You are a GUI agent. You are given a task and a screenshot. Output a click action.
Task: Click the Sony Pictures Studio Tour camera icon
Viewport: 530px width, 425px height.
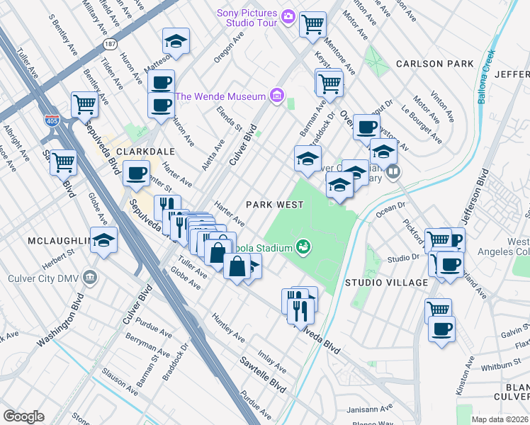(x=288, y=16)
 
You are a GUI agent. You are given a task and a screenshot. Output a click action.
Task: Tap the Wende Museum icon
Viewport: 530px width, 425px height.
(x=276, y=96)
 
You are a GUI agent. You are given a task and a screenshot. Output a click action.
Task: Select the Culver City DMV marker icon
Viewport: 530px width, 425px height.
(x=90, y=276)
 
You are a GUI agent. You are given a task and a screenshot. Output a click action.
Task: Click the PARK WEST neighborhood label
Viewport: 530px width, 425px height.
(x=274, y=205)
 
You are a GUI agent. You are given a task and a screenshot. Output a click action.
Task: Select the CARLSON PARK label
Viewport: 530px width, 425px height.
(x=434, y=64)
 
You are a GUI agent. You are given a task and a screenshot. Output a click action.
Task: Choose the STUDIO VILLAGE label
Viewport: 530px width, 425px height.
(x=386, y=283)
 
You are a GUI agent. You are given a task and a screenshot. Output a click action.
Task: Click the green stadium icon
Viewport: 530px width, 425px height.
(x=304, y=246)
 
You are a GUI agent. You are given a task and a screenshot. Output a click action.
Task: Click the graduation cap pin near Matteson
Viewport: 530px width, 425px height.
(x=176, y=40)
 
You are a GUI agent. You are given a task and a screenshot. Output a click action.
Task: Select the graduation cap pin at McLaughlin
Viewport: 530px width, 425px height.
(x=104, y=239)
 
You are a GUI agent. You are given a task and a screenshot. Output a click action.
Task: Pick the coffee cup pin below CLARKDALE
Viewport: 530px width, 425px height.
(x=136, y=172)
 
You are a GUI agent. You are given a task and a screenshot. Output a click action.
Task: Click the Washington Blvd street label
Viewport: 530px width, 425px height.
(x=57, y=327)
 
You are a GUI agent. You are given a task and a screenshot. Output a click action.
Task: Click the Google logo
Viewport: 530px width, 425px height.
(x=23, y=416)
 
